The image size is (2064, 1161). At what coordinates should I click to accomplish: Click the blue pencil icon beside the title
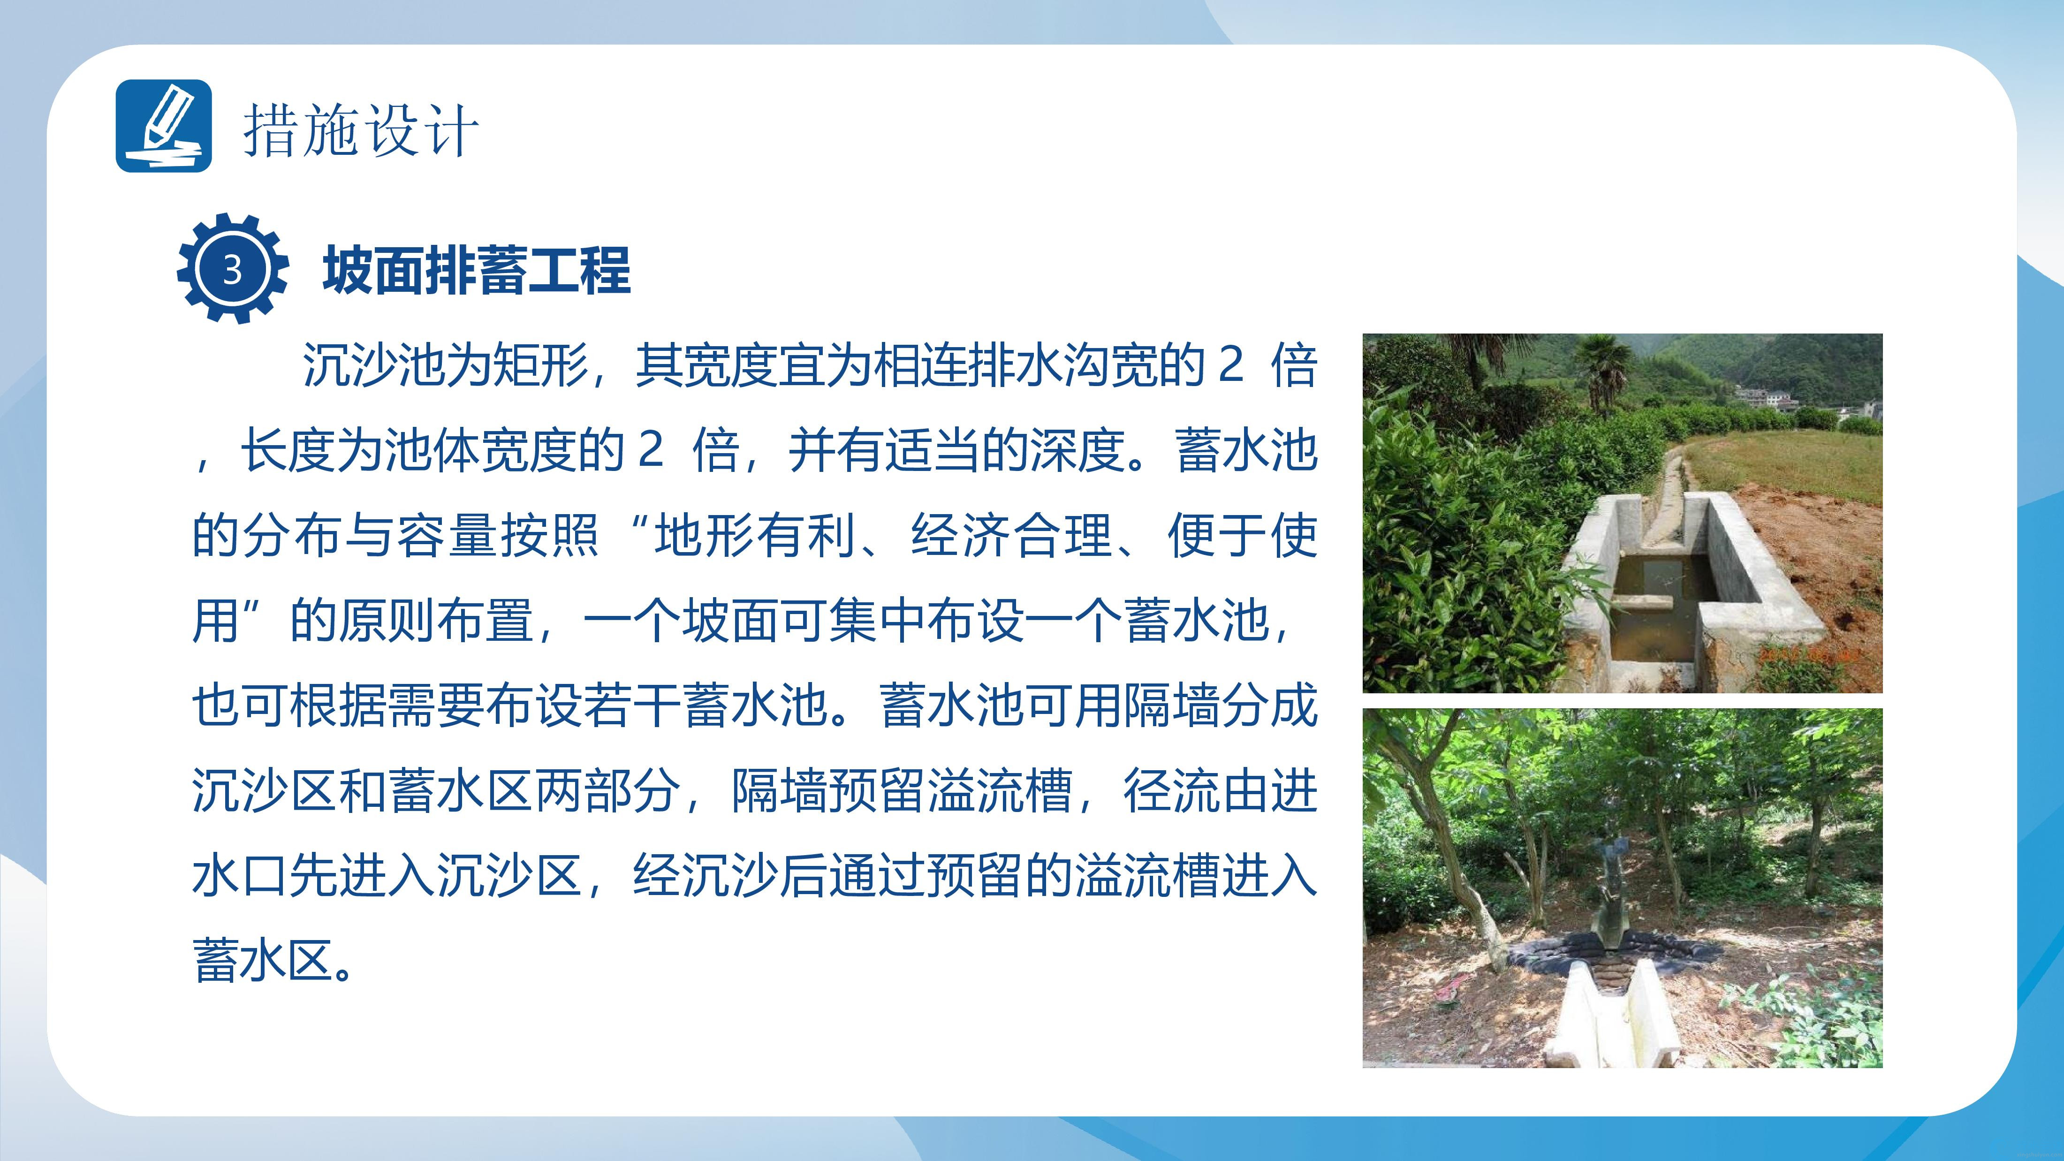pos(164,126)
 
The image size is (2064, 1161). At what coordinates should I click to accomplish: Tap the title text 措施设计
pos(361,130)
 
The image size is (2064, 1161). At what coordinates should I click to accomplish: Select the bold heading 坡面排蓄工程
pos(477,270)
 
